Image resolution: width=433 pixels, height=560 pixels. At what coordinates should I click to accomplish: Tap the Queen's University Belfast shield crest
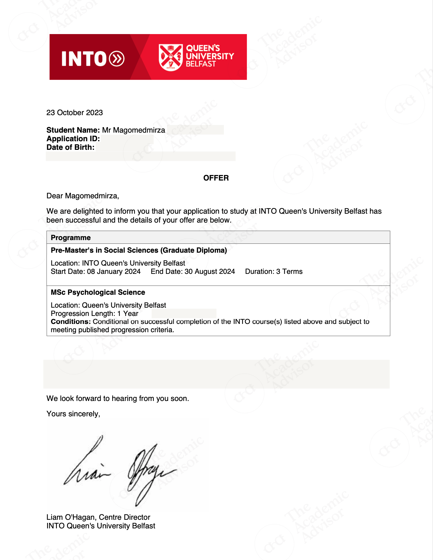point(171,57)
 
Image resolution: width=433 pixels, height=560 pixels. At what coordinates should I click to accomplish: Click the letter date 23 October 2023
point(74,113)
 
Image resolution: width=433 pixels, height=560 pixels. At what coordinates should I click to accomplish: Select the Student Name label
point(73,130)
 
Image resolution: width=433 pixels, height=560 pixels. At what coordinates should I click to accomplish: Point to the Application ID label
point(73,139)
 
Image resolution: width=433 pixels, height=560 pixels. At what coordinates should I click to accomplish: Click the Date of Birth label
point(70,147)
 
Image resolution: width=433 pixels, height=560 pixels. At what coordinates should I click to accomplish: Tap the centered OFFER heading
point(216,178)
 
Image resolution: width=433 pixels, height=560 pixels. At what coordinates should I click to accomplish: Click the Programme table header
point(71,238)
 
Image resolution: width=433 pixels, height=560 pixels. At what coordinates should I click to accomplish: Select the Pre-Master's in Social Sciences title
point(139,250)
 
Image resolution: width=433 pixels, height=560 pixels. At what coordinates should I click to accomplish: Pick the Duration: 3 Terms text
point(274,272)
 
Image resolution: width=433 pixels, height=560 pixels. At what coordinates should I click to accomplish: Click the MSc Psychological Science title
point(98,292)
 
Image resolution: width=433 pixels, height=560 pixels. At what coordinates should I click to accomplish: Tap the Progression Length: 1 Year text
point(94,313)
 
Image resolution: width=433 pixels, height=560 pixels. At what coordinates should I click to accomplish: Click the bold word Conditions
point(70,322)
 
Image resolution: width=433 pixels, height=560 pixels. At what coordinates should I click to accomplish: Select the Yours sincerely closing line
point(73,414)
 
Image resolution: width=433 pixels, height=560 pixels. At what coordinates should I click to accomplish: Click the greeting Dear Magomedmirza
point(82,196)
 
